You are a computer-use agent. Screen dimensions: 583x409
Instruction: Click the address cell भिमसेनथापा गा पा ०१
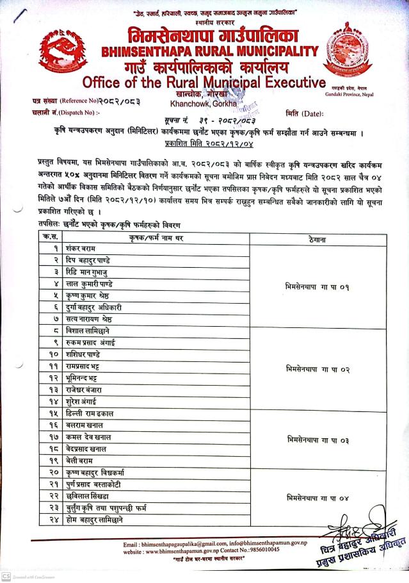[317, 287]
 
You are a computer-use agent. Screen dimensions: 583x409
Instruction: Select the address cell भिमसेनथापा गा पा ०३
[317, 440]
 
